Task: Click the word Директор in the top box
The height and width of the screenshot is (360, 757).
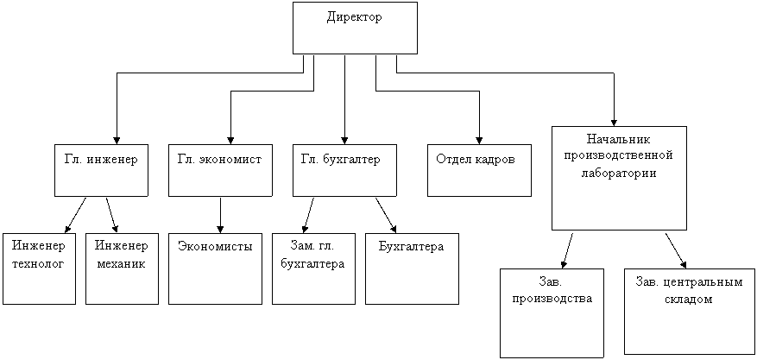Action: click(x=355, y=17)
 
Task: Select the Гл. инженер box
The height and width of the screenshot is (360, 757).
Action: click(x=101, y=170)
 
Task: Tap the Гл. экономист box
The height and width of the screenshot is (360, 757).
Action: click(x=220, y=170)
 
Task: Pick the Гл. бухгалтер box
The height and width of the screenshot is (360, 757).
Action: click(x=344, y=170)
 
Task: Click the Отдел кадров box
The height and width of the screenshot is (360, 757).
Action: click(x=479, y=170)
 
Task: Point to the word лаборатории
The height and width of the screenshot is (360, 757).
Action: click(x=619, y=174)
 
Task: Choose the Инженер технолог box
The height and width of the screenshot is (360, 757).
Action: click(x=39, y=268)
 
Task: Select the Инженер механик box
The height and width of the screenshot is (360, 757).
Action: click(x=123, y=268)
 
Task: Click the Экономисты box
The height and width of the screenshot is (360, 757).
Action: click(x=215, y=268)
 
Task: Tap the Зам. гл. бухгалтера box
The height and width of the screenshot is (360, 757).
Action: click(x=314, y=268)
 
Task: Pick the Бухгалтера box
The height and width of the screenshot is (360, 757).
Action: click(x=412, y=268)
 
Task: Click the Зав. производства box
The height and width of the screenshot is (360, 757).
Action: click(x=552, y=313)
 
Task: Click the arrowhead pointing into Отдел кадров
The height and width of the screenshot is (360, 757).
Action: click(x=479, y=140)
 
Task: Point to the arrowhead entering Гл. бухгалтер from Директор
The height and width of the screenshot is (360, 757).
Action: click(x=344, y=140)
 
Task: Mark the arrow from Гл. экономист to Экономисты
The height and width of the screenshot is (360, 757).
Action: click(x=220, y=215)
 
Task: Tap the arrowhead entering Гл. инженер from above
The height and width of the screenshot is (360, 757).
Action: click(x=117, y=140)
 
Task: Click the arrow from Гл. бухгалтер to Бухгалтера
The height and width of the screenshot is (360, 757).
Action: click(x=386, y=215)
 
